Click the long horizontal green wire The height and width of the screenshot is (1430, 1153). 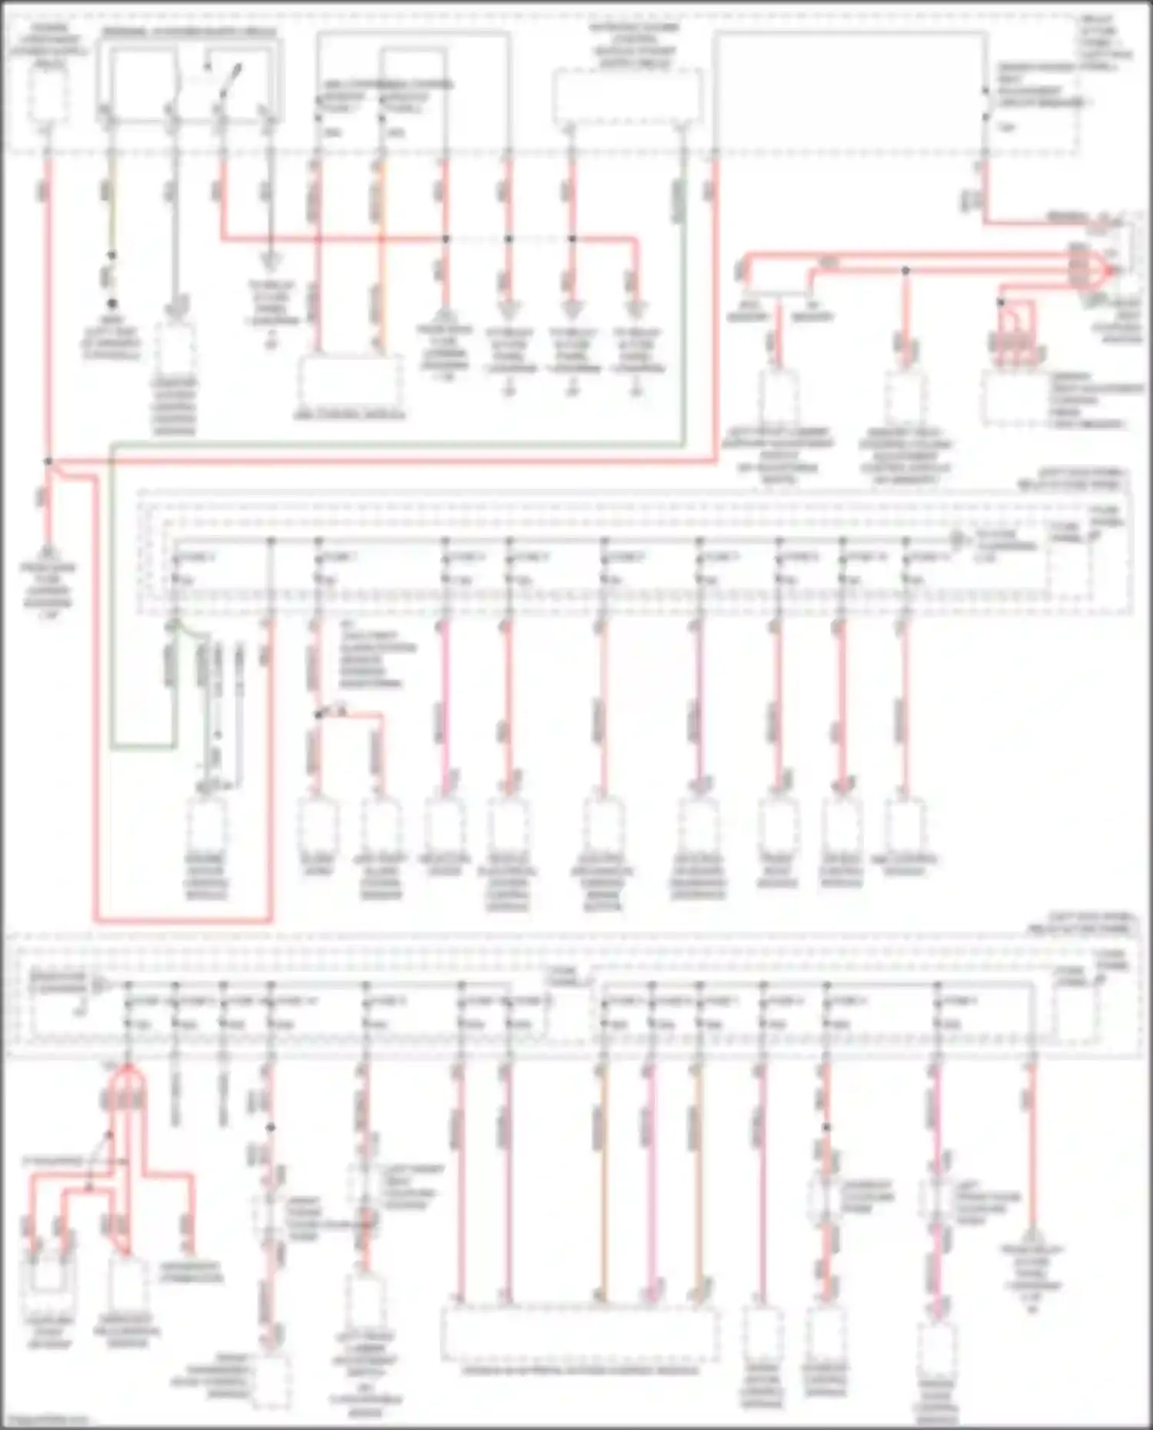pyautogui.click(x=400, y=445)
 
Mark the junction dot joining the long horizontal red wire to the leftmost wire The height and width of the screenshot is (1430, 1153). pyautogui.click(x=48, y=461)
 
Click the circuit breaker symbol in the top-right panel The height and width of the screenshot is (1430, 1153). pyautogui.click(x=985, y=105)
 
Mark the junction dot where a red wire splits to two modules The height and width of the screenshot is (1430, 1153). pyautogui.click(x=318, y=715)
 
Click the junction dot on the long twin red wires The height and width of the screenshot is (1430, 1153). pyautogui.click(x=905, y=270)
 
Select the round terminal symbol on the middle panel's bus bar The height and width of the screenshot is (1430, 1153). pyautogui.click(x=958, y=541)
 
